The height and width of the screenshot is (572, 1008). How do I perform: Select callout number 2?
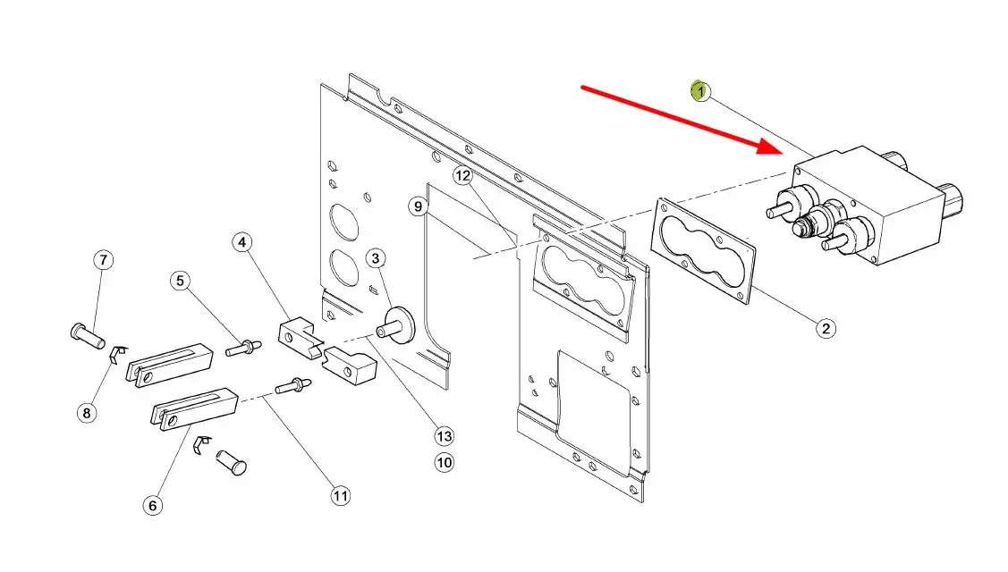[x=826, y=328]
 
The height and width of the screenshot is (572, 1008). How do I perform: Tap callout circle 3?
[x=376, y=259]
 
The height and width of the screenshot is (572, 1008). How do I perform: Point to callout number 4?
[x=243, y=242]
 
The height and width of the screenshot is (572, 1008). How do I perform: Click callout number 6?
[x=153, y=505]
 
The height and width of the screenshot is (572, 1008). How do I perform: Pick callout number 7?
[x=104, y=260]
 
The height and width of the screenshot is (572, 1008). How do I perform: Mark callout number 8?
[x=87, y=413]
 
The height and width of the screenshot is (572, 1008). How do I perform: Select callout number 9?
[x=417, y=206]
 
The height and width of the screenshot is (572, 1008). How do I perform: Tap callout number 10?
[x=445, y=462]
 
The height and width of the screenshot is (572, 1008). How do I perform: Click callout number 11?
[x=340, y=495]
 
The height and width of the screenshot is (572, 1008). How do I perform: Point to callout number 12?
[x=462, y=175]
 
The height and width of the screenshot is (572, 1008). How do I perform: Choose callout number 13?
[x=445, y=436]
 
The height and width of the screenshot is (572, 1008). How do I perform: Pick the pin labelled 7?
[x=87, y=335]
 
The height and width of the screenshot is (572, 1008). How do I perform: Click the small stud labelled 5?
[x=242, y=347]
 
